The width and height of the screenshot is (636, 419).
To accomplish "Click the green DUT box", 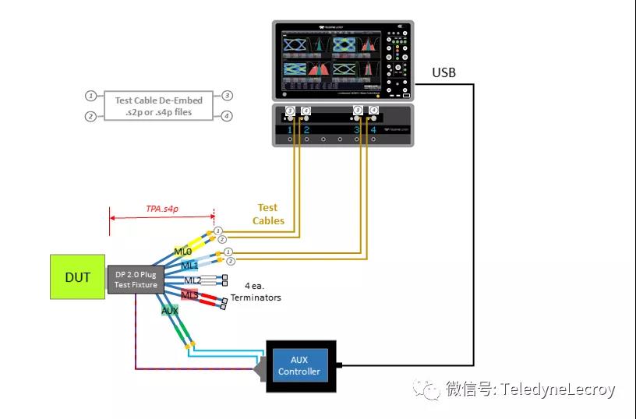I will click(77, 276).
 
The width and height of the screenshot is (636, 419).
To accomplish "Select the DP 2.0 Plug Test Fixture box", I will click(136, 279).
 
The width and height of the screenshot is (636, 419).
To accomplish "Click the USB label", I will click(444, 73).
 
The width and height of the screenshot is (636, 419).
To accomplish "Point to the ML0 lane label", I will click(183, 252).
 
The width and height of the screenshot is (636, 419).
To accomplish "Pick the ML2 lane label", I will click(193, 280).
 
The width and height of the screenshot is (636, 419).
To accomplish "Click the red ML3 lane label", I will click(189, 294).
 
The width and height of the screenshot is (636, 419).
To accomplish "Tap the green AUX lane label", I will click(170, 310).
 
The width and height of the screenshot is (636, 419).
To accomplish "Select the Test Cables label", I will click(267, 214).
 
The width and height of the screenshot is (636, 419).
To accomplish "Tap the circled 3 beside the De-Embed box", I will click(227, 96).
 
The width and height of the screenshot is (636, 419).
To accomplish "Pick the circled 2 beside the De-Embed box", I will click(91, 117).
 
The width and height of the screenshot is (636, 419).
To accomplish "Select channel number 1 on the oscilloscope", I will click(290, 129).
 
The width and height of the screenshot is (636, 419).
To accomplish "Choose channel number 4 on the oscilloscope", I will click(373, 129).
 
